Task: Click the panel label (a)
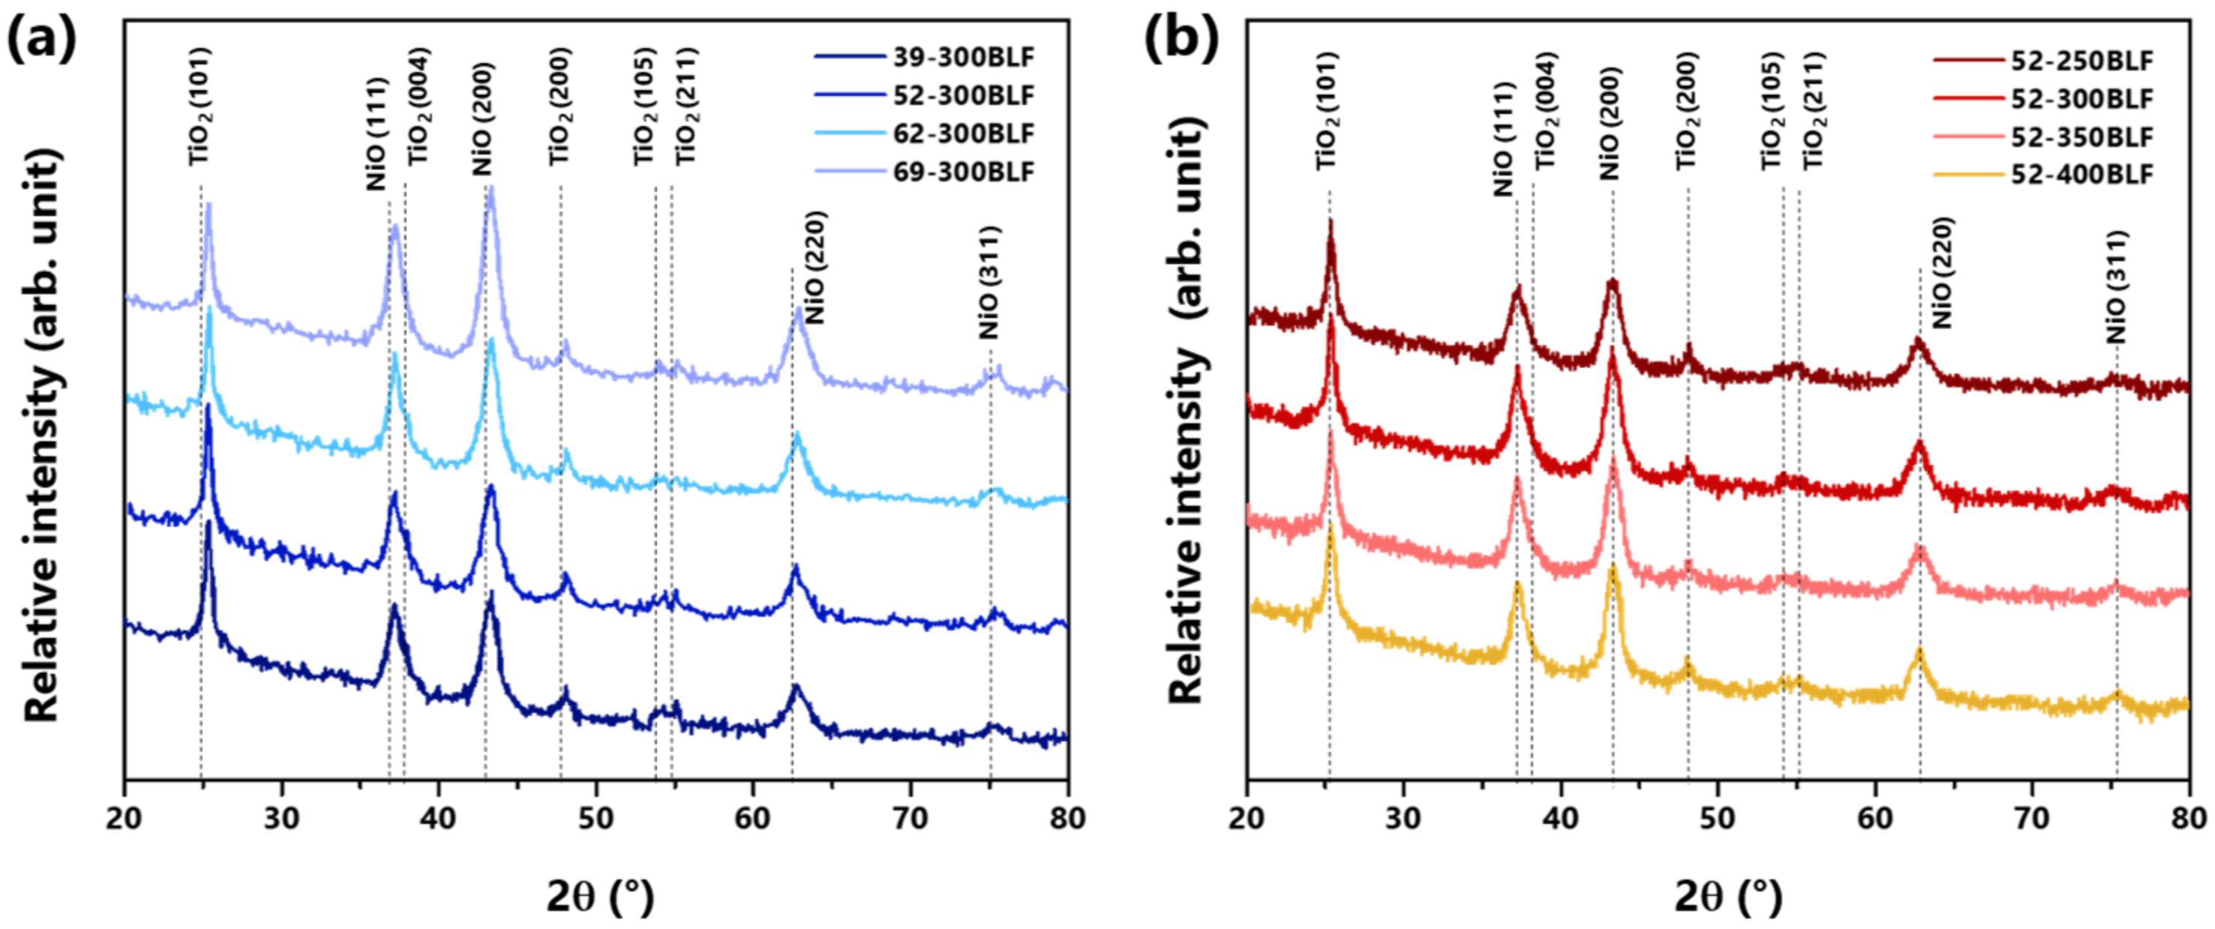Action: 41,39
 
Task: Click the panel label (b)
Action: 1180,39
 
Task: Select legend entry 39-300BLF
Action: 963,58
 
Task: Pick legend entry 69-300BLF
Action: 963,172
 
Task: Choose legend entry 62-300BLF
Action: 963,134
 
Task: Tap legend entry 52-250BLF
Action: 2081,61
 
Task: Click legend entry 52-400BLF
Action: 2081,175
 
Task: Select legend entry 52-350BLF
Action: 2081,137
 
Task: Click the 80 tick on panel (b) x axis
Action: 2187,818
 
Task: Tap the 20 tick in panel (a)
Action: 125,818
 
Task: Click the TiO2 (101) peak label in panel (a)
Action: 200,107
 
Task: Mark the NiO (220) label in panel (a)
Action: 813,267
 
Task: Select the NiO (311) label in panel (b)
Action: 2115,287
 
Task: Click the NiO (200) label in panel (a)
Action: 483,119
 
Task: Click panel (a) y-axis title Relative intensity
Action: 43,434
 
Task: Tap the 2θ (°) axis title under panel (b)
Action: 1727,897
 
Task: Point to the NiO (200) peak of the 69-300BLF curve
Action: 491,191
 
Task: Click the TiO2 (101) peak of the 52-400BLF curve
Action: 1331,527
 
